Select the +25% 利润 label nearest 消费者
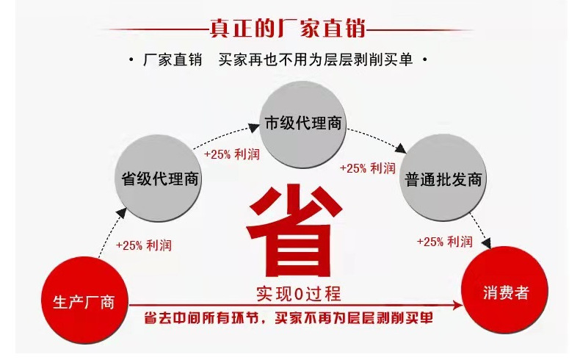[x=444, y=242]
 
